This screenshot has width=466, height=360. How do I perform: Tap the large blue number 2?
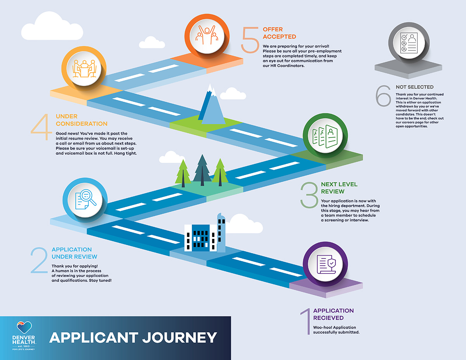coord(39,261)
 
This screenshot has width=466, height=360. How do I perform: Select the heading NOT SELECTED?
coord(414,87)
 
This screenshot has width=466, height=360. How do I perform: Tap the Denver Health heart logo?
coord(24,327)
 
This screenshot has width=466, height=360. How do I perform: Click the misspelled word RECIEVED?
coord(329,318)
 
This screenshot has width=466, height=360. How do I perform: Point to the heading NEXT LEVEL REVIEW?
coord(339,188)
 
